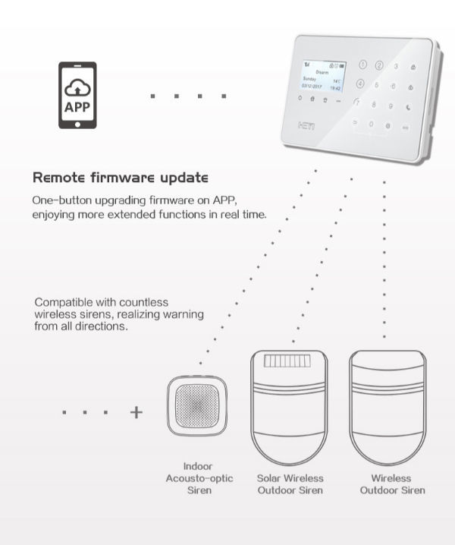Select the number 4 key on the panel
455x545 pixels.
pyautogui.click(x=360, y=83)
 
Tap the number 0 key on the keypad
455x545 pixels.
pyautogui.click(x=372, y=123)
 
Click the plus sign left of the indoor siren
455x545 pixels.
pyautogui.click(x=136, y=412)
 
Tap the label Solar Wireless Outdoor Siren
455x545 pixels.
pyautogui.click(x=290, y=484)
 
